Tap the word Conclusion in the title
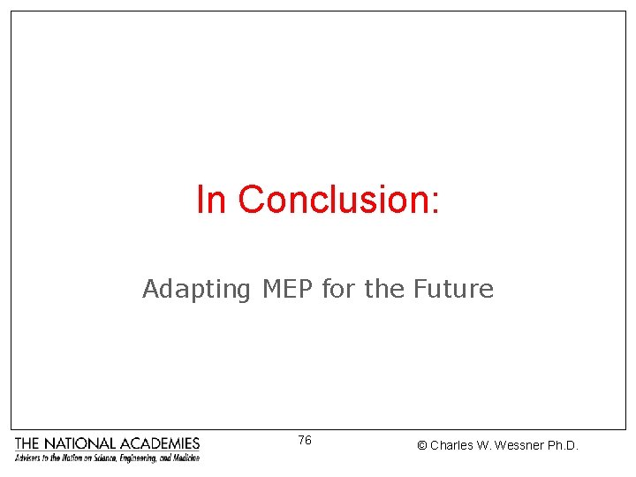332,200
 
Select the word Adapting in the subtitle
196,290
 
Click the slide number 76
305,440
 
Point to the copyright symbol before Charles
421,446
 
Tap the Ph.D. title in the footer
564,446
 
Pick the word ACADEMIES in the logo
160,443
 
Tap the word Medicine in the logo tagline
185,458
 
